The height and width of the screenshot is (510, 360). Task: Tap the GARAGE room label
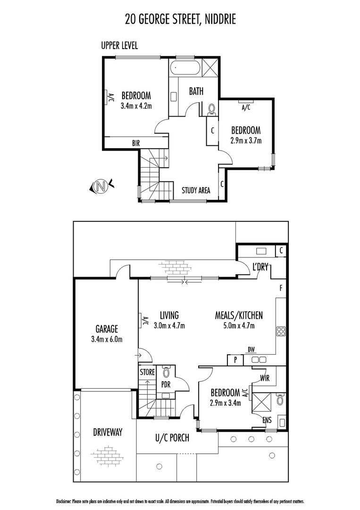(x=107, y=329)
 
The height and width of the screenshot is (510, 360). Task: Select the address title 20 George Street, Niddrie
(x=180, y=19)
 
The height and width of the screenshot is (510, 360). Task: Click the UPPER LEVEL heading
(x=119, y=46)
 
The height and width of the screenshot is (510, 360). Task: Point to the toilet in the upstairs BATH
(x=211, y=109)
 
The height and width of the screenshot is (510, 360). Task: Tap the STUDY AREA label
(x=196, y=191)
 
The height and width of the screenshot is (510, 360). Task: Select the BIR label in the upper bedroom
(x=136, y=142)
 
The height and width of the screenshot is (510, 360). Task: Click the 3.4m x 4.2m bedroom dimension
(x=136, y=106)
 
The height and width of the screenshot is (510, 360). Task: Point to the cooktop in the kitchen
(x=282, y=331)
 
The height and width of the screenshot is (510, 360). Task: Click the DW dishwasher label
(x=251, y=350)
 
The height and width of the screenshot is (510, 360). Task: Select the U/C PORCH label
(x=172, y=438)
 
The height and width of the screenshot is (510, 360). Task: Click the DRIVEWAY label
(x=108, y=432)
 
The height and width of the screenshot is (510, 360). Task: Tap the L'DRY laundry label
(x=260, y=267)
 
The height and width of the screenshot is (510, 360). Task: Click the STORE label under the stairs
(x=147, y=372)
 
